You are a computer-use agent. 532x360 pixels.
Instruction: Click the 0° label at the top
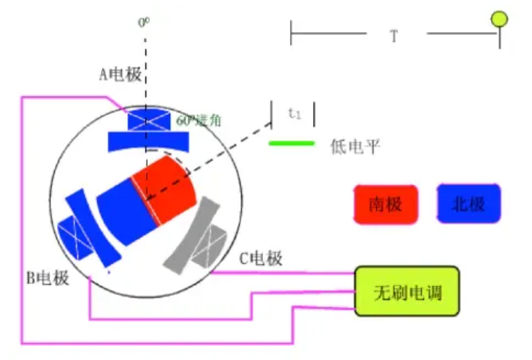click(x=144, y=22)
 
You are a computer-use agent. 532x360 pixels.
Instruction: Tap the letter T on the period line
click(x=394, y=36)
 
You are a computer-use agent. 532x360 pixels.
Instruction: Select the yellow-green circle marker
click(x=499, y=20)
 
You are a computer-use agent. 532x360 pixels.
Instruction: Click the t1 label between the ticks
click(x=294, y=112)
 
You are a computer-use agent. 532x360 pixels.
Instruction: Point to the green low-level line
click(x=292, y=144)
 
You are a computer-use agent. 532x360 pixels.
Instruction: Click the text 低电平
click(x=355, y=146)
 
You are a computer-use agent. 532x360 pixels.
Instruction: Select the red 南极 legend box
click(x=386, y=204)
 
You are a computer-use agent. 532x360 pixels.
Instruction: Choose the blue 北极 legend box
click(x=469, y=204)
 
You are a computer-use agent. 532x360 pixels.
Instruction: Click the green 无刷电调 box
click(x=407, y=290)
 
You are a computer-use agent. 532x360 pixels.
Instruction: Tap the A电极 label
click(x=120, y=75)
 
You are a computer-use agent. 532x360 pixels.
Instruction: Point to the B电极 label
click(x=48, y=278)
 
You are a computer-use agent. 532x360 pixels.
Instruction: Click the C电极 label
click(x=261, y=259)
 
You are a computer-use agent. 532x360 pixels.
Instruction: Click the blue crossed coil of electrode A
click(x=148, y=119)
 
